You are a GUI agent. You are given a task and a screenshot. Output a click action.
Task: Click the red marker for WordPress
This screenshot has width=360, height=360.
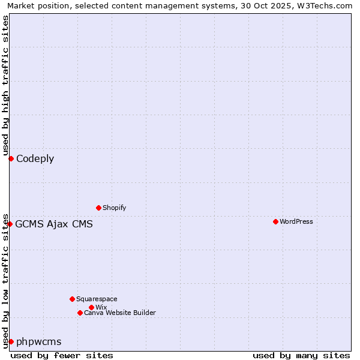275,221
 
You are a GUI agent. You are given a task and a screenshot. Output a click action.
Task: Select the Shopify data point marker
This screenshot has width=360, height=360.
98,208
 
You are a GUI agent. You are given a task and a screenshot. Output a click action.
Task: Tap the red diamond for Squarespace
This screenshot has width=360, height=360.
72,299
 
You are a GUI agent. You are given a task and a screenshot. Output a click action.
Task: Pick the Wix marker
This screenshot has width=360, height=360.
91,307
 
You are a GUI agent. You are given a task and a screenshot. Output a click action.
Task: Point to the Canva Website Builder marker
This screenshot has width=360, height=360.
80,313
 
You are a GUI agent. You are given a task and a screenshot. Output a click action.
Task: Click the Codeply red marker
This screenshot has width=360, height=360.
11,158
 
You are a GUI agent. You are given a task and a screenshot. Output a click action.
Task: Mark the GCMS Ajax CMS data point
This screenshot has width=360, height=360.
10,224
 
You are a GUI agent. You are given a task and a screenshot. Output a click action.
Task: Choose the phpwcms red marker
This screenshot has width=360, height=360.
11,341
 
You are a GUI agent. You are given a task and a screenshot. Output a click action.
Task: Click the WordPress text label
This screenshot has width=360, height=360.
296,221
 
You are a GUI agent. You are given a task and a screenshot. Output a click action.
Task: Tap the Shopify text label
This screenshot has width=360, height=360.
115,208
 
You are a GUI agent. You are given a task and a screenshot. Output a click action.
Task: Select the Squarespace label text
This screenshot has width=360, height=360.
97,299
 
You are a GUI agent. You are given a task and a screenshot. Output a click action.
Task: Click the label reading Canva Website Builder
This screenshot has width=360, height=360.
120,313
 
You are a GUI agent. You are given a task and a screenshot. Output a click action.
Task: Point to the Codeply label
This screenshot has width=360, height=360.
35,159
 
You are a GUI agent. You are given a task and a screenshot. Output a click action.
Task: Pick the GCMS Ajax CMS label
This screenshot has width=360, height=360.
54,224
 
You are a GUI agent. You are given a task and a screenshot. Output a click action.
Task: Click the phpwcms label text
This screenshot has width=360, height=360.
39,342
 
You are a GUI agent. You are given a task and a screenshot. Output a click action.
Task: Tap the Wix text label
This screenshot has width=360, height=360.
101,307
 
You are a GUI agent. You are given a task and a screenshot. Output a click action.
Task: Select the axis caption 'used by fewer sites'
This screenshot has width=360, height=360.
62,355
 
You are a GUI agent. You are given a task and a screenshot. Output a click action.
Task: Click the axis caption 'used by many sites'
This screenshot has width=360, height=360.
301,355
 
